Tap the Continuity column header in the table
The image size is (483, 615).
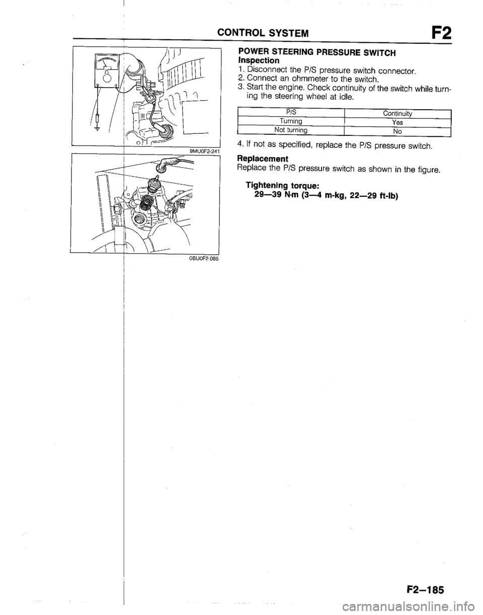(x=397, y=114)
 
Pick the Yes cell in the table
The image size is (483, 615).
(x=397, y=123)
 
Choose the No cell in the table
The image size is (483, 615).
(x=397, y=131)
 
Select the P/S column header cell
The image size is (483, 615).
(x=291, y=112)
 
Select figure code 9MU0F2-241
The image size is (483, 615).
(x=204, y=150)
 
